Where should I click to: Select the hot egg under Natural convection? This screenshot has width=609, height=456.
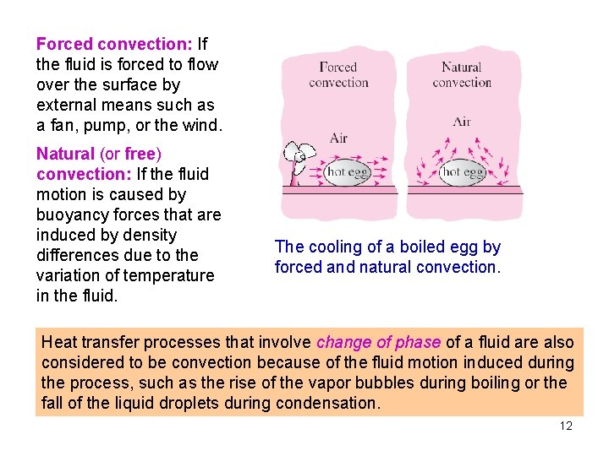463,172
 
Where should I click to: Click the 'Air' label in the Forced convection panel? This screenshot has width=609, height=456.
338,138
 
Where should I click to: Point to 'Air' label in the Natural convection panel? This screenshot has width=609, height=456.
462,122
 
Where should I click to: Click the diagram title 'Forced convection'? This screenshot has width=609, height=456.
338,74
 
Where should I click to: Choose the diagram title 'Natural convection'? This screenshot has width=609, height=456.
462,74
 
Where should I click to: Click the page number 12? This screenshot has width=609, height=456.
566,426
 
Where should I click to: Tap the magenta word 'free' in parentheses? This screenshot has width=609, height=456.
140,154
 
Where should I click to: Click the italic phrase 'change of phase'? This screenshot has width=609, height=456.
378,342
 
